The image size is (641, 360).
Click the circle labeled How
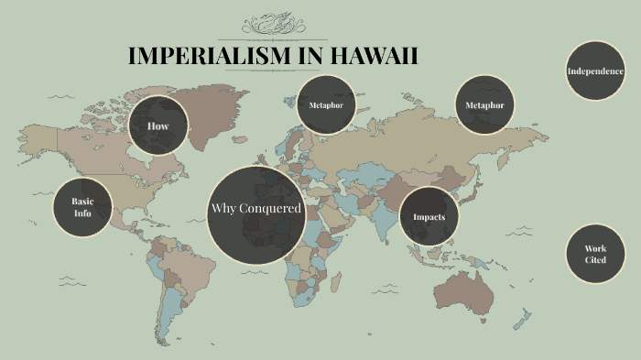pyautogui.click(x=158, y=125)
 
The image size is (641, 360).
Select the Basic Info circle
pyautogui.click(x=83, y=207)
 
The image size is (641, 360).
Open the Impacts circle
pyautogui.click(x=429, y=217)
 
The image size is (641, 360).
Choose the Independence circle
pyautogui.click(x=595, y=71)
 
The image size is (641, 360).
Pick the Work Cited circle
pyautogui.click(x=595, y=254)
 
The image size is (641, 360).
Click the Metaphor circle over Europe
pyautogui.click(x=326, y=105)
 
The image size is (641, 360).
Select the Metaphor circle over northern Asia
pyautogui.click(x=484, y=105)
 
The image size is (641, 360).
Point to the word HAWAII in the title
pyautogui.click(x=370, y=56)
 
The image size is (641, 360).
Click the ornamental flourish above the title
pyautogui.click(x=273, y=22)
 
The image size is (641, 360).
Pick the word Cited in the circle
pyautogui.click(x=595, y=260)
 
